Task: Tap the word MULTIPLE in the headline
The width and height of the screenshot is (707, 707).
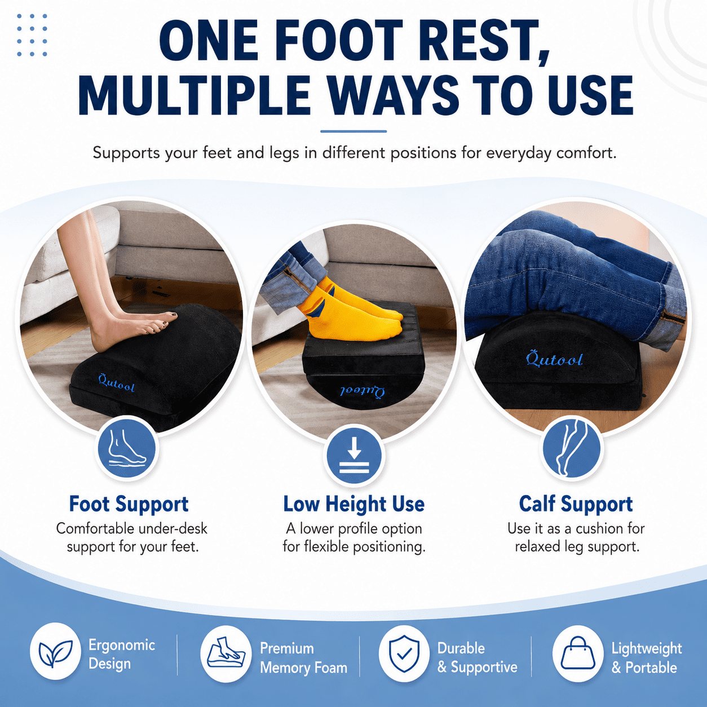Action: click(x=194, y=94)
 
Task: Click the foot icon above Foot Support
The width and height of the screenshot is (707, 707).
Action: click(x=127, y=448)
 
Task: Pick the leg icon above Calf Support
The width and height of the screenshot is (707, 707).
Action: click(x=572, y=448)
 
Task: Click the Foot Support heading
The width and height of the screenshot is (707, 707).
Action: click(x=129, y=503)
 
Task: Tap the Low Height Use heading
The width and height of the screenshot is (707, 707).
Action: click(x=353, y=503)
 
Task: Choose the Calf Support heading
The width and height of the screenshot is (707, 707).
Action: click(x=576, y=503)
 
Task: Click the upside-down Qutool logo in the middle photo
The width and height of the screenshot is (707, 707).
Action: click(x=363, y=392)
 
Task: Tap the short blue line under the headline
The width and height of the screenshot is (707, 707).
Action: click(x=353, y=131)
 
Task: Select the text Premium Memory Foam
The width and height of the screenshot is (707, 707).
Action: click(x=303, y=658)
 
